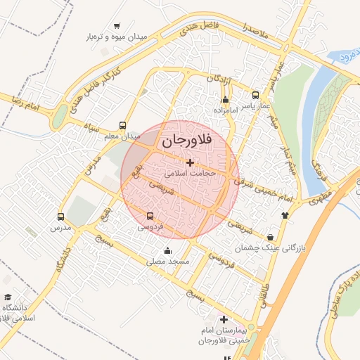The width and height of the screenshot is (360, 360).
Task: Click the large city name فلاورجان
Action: click(186, 141)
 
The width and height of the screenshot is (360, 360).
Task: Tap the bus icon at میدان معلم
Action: click(123, 126)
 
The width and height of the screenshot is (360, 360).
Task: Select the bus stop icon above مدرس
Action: click(60, 217)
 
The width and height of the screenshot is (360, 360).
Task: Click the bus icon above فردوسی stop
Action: click(150, 216)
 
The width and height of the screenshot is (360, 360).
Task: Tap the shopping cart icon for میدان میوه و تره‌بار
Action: click(116, 25)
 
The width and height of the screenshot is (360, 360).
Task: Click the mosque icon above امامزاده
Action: click(225, 99)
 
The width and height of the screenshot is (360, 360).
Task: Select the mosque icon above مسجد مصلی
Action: click(167, 250)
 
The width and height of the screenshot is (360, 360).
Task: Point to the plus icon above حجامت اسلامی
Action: click(189, 162)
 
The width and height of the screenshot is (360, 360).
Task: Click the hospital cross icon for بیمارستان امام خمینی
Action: click(224, 319)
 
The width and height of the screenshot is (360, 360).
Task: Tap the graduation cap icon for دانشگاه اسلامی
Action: click(8, 297)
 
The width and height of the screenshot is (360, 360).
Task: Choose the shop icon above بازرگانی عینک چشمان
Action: click(271, 237)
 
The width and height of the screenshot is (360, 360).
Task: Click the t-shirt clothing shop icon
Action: click(285, 215)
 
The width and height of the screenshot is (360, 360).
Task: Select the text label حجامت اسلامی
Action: click(190, 172)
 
